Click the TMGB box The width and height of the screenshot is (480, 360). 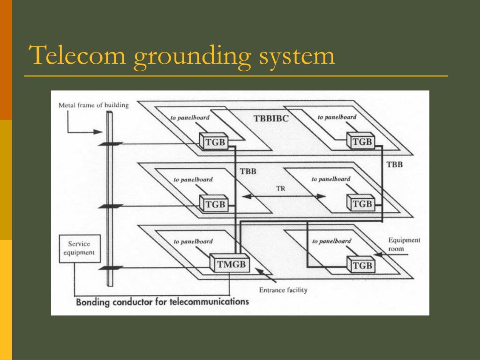[230, 263]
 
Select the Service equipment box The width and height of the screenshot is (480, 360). [80, 248]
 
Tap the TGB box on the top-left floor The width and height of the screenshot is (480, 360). [214, 142]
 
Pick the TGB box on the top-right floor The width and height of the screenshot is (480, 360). [360, 141]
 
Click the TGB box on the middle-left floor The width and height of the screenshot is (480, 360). [214, 203]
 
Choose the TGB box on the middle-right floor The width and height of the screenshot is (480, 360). [360, 203]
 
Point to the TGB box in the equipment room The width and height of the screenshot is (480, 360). [360, 264]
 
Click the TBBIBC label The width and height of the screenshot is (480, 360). [271, 119]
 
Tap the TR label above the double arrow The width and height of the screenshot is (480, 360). [281, 188]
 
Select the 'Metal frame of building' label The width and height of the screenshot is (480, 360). [94, 105]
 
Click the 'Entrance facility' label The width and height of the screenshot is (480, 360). [283, 290]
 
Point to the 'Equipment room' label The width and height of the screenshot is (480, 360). [404, 244]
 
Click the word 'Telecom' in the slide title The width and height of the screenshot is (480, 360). [77, 55]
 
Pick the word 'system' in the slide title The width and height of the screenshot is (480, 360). [297, 57]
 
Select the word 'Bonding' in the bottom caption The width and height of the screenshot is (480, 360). [93, 302]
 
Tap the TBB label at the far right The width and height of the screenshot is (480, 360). [395, 165]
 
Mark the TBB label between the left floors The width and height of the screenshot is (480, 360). [248, 172]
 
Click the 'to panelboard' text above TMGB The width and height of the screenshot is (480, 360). [193, 241]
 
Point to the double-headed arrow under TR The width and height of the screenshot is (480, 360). [284, 196]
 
